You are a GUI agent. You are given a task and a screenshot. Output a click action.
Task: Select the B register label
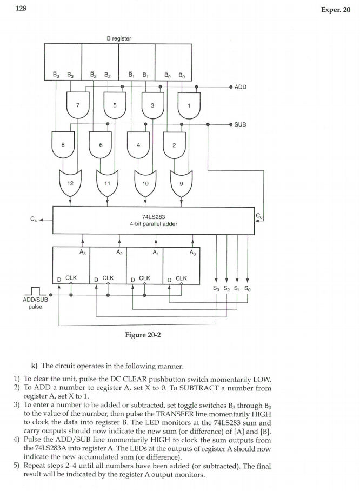(x=118, y=38)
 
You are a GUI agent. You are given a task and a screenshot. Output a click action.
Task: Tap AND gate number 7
(x=78, y=105)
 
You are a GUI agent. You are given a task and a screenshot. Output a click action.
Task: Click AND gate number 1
(x=189, y=105)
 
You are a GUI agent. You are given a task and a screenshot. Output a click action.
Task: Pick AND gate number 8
(x=63, y=144)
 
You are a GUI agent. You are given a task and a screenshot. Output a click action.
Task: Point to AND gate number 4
(x=138, y=144)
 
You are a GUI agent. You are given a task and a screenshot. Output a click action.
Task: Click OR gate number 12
(x=71, y=183)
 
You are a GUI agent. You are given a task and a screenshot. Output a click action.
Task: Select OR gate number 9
(x=181, y=183)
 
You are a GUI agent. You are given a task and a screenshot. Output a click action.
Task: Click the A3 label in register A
(x=82, y=251)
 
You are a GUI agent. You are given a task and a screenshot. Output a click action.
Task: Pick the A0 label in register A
(x=192, y=251)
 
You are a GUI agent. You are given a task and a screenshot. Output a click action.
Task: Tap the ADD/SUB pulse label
(x=35, y=302)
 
